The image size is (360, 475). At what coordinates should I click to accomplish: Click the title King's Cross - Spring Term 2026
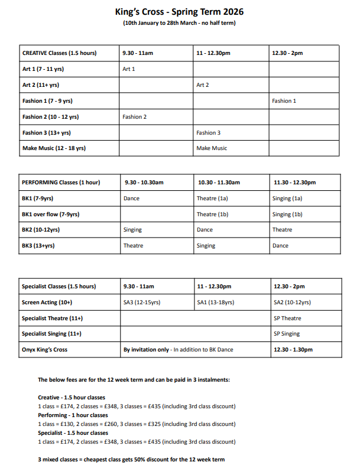179,12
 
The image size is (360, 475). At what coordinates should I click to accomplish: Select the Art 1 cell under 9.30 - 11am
129,69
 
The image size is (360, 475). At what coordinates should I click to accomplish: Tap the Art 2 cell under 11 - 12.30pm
203,85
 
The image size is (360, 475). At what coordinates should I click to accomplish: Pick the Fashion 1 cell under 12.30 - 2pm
284,101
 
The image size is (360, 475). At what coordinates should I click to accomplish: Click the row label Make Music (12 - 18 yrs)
54,148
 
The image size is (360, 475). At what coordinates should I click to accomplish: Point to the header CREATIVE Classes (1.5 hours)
59,53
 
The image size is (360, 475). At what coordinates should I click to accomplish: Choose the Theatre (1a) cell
212,199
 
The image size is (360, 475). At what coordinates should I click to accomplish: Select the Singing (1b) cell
287,214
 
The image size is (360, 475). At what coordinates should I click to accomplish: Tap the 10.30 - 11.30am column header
219,183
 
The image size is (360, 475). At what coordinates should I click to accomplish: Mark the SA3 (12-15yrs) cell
141,302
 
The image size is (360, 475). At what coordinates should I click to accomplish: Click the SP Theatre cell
287,318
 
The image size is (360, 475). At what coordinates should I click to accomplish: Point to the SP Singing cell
287,334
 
